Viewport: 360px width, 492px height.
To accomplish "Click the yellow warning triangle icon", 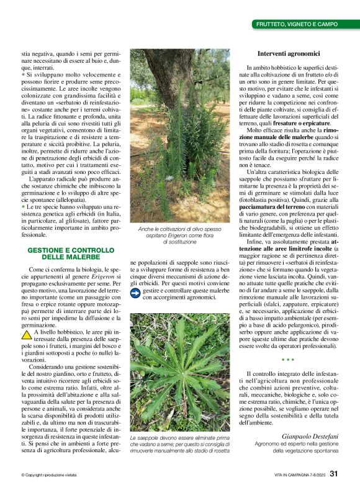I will pyautogui.click(x=27, y=334).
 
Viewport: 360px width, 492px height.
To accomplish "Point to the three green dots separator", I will pyautogui.click(x=287, y=359).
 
